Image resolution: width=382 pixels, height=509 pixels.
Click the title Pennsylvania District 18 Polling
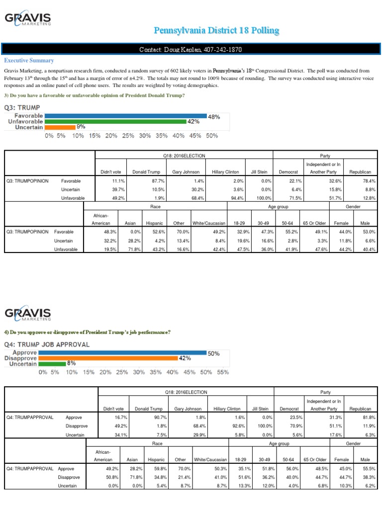(x=216, y=31)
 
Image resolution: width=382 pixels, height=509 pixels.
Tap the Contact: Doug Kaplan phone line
(x=191, y=50)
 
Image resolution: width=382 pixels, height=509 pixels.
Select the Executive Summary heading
(x=29, y=60)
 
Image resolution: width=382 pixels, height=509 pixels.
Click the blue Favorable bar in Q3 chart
(x=125, y=115)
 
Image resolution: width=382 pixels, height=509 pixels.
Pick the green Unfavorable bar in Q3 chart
(x=114, y=121)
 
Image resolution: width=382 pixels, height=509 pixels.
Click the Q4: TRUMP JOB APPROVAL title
(x=47, y=344)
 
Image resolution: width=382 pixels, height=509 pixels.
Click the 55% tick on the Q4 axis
(x=223, y=371)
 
